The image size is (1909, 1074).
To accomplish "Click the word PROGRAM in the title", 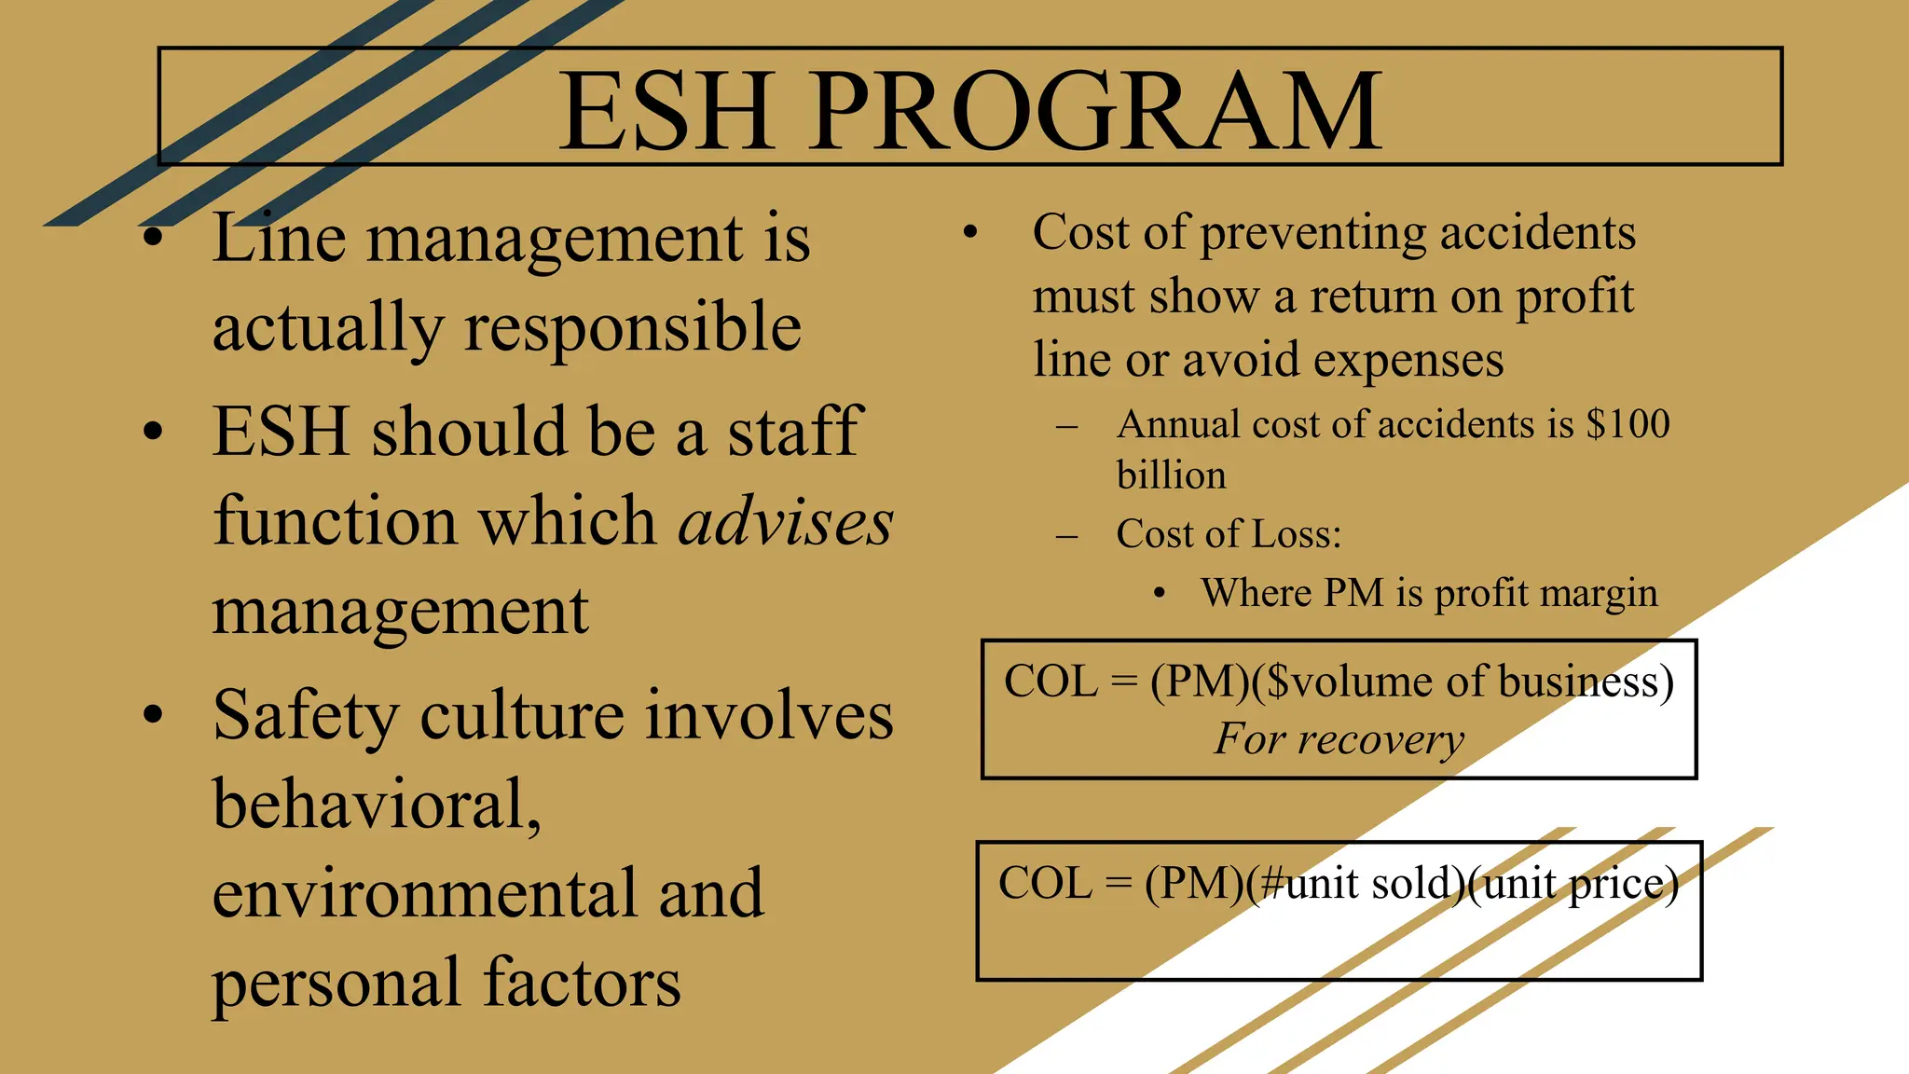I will coord(1096,112).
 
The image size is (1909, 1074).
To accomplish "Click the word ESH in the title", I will coord(666,112).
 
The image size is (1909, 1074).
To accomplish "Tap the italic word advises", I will coord(785,521).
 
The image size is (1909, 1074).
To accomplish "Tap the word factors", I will coord(582,983).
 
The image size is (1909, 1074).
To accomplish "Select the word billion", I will coord(1171,475).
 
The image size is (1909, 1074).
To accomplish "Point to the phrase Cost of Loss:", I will coord(1229,534).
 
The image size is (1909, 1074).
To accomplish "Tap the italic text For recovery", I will coord(1339,739).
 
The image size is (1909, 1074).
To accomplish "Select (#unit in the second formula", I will coord(1305,884).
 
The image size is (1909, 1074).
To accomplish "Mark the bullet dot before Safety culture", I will coord(154,715).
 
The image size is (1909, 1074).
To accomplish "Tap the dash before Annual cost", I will coord(1066,428).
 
